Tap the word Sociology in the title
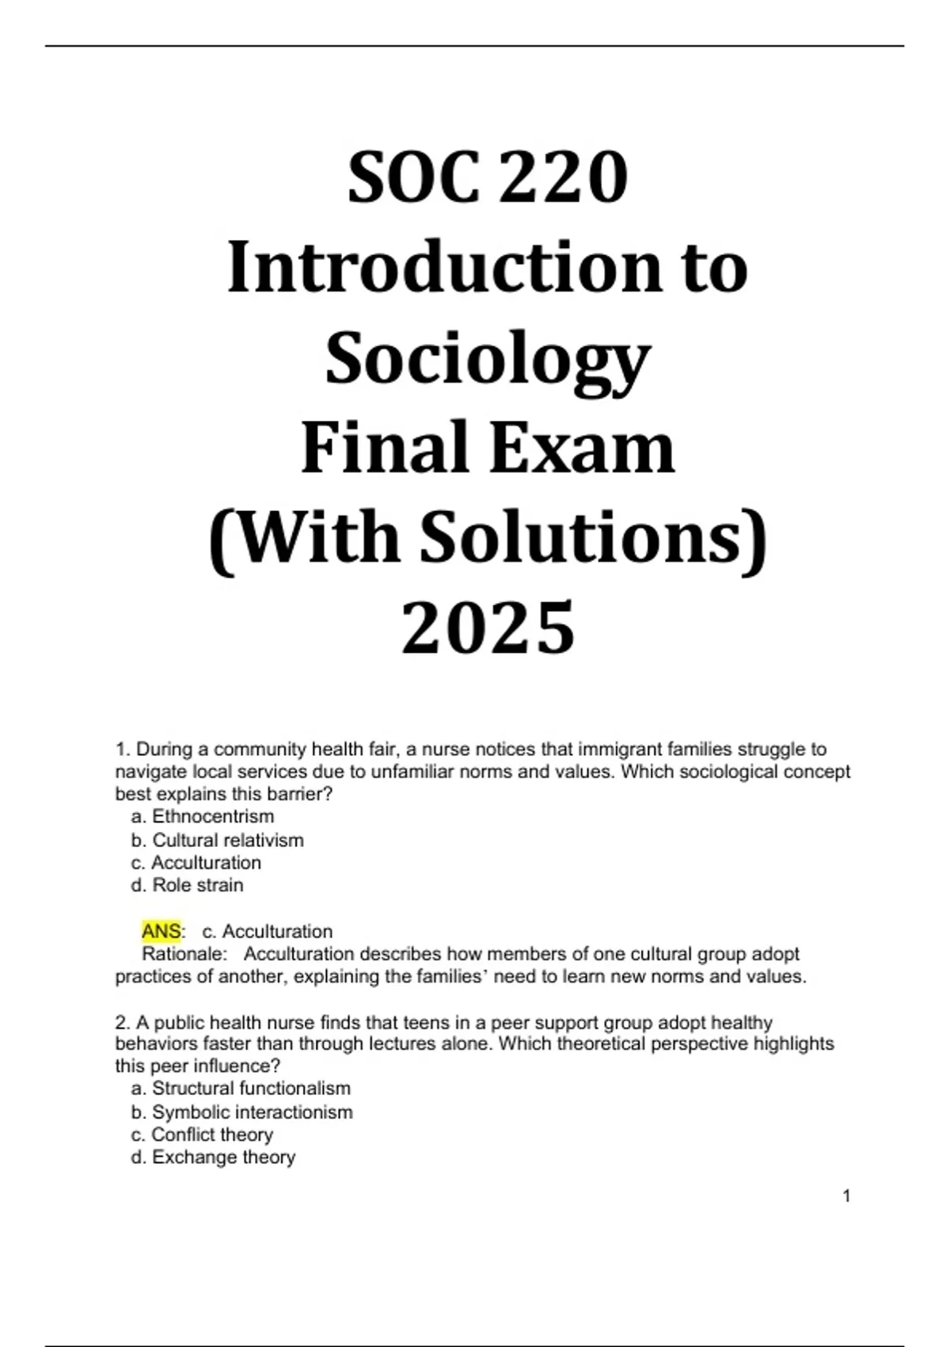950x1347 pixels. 488,361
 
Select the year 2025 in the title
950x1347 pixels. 488,628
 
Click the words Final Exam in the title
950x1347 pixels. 488,448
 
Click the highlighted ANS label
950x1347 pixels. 161,931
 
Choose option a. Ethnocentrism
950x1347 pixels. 203,817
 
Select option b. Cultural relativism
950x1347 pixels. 218,840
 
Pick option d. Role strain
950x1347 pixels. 188,885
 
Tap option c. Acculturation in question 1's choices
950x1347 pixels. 196,863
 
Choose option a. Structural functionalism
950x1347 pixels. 241,1089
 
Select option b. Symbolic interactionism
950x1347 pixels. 242,1112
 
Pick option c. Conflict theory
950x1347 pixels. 203,1135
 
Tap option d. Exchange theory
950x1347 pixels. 213,1158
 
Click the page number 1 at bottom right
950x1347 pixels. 847,1196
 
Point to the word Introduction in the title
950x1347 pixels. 443,269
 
